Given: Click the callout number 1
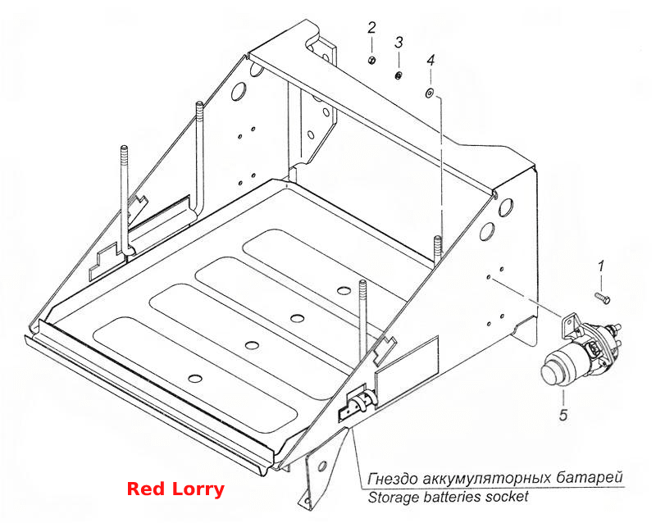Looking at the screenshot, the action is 601,266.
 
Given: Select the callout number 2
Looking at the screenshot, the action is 371,29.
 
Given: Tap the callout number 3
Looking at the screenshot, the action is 399,43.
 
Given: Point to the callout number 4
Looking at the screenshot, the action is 430,60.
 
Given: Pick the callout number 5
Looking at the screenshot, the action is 563,415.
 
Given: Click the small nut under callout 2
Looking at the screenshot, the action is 371,60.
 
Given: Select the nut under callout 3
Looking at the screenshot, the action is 399,75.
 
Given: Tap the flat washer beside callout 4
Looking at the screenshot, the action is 429,93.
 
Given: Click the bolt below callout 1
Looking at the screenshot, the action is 603,298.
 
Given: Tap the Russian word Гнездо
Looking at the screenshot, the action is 392,478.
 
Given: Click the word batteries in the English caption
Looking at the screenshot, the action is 453,497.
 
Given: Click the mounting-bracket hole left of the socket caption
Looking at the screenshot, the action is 321,466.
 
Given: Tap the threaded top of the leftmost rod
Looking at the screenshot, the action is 124,156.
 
